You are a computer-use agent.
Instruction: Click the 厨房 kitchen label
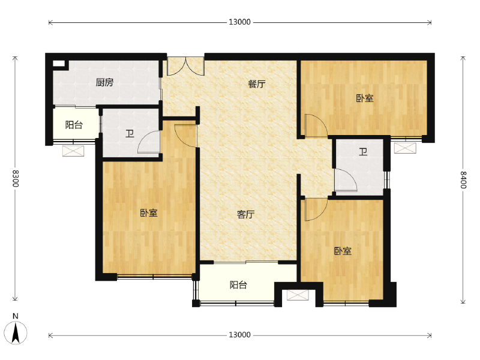[x=104, y=82]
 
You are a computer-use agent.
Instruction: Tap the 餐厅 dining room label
[x=257, y=84]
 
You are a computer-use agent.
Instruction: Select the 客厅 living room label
[x=246, y=215]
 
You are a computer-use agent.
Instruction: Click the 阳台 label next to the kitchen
[x=74, y=125]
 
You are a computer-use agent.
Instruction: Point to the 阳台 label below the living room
[x=238, y=285]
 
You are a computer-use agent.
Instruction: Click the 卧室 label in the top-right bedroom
[x=365, y=98]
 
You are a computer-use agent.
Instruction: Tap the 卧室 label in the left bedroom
[x=149, y=213]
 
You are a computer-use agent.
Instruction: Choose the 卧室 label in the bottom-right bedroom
[x=343, y=251]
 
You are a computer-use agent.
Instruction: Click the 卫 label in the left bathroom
[x=130, y=134]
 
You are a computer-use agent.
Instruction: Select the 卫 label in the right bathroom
[x=363, y=152]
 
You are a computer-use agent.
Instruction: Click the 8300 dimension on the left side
[x=16, y=178]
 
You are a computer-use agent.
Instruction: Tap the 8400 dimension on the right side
[x=463, y=180]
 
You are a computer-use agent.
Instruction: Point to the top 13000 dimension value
[x=239, y=22]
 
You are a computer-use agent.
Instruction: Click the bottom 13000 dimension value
[x=239, y=335]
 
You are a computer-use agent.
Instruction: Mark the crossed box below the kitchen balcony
[x=73, y=151]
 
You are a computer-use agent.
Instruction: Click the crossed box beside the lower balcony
[x=298, y=295]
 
